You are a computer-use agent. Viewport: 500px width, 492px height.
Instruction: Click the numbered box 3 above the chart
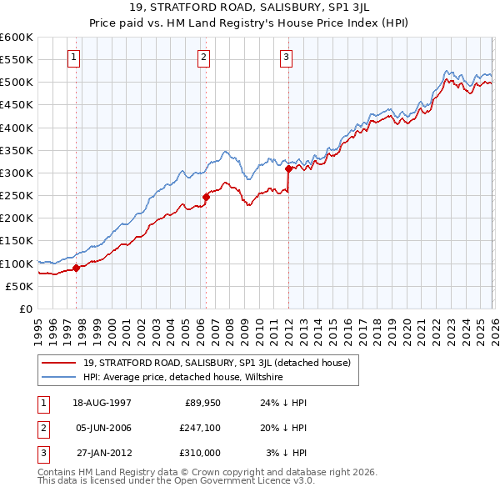point(286,58)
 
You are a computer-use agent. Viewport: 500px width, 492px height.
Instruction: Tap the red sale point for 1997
point(76,268)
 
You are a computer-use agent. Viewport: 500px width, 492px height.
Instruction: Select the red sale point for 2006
point(205,197)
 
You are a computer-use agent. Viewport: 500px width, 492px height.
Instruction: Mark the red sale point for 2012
point(288,168)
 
